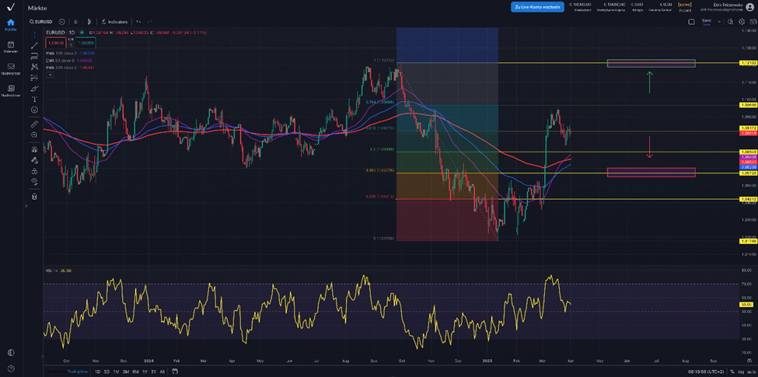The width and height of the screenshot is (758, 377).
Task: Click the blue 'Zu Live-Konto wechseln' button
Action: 537,7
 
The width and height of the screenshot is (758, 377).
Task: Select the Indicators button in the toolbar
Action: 116,22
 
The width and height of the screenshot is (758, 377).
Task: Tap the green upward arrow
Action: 649,82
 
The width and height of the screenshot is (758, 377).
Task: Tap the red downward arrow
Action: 649,147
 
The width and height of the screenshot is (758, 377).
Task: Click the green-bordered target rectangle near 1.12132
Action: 651,63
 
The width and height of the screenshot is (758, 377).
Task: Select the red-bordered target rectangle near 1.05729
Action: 651,172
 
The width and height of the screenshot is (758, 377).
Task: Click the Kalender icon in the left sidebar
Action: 11,46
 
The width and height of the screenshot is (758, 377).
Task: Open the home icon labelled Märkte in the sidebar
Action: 11,23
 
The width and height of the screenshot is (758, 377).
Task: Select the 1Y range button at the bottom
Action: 145,372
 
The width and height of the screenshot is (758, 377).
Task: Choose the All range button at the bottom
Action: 162,372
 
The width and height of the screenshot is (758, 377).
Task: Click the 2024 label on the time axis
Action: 148,361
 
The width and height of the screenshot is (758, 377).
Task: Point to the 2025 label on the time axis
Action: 487,361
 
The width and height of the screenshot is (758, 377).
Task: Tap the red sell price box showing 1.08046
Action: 55,44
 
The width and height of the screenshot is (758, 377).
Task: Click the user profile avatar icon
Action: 749,7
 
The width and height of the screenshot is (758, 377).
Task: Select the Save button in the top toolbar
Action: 706,22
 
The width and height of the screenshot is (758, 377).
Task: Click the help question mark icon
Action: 11,368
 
